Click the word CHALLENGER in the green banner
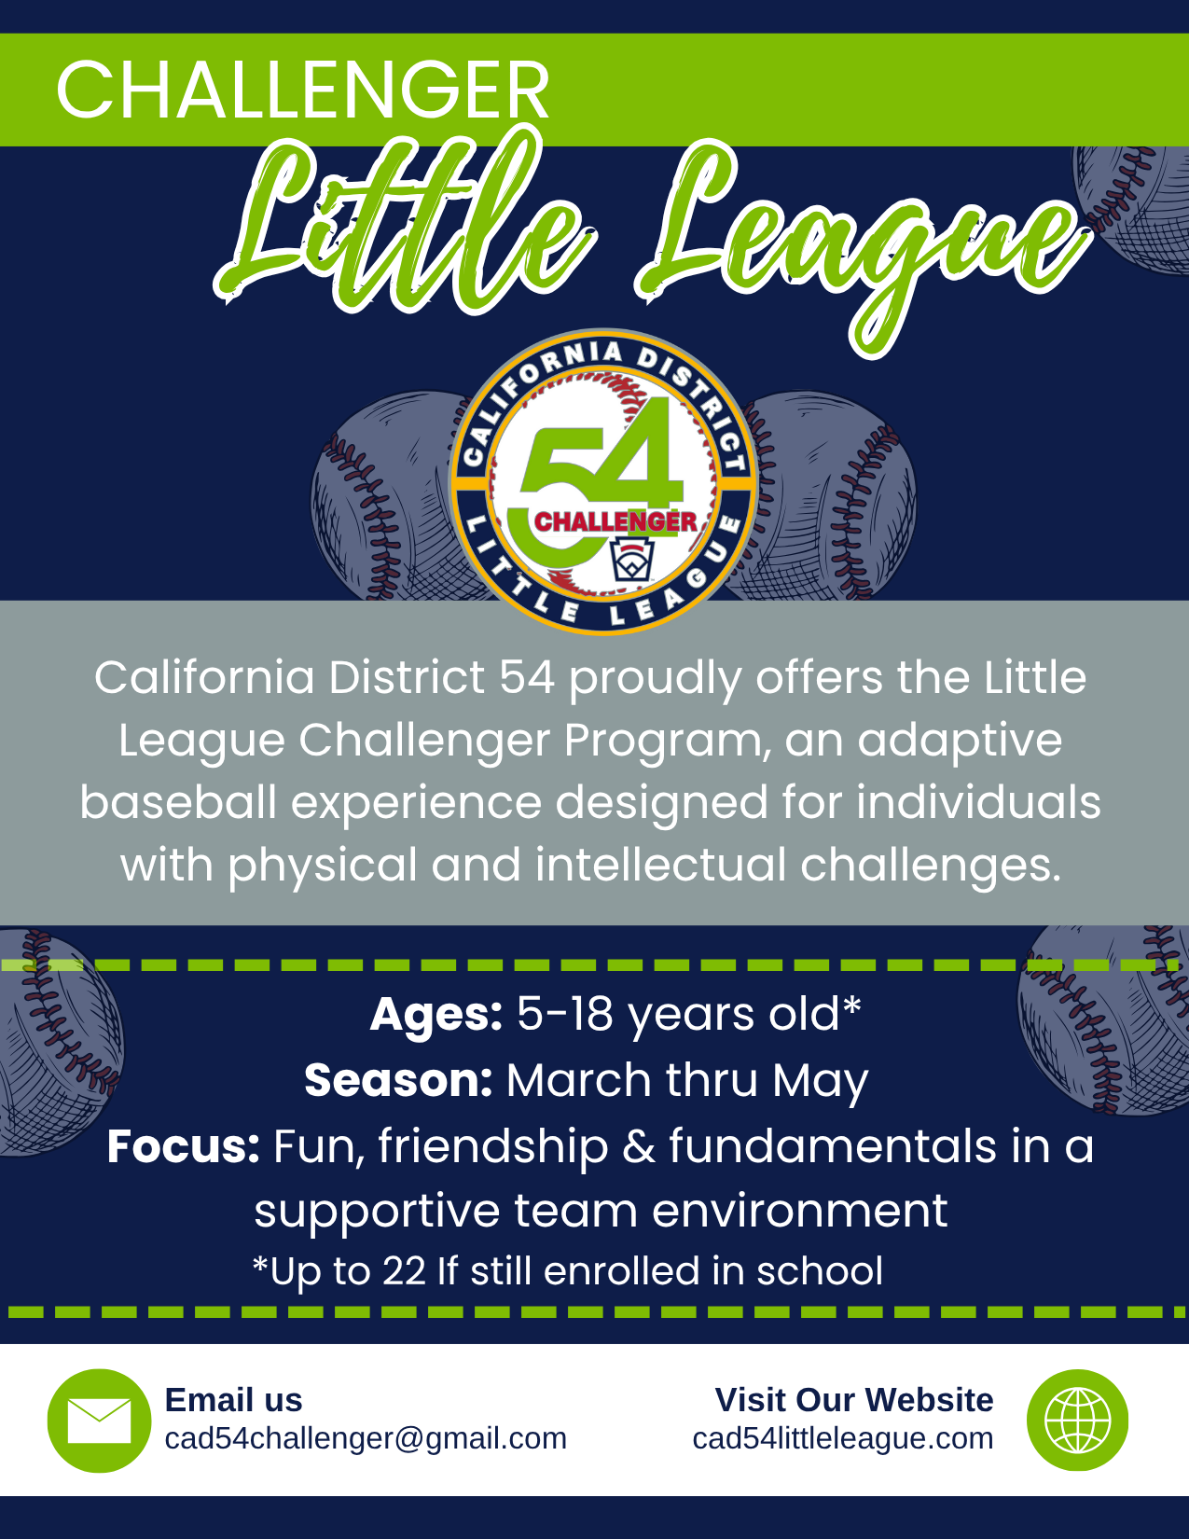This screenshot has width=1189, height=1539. tap(302, 90)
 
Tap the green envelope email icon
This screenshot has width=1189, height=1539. tap(99, 1421)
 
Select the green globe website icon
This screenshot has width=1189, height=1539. tap(1077, 1420)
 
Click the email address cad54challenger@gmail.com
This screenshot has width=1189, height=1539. tap(366, 1438)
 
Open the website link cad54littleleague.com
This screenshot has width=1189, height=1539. tap(843, 1438)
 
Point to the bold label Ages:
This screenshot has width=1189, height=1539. tap(436, 1014)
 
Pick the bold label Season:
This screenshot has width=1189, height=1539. tap(398, 1079)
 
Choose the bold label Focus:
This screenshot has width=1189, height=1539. tap(184, 1145)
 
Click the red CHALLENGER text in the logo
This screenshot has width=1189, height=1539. tap(615, 522)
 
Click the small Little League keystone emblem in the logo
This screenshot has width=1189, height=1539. tap(632, 560)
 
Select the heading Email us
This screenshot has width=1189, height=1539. tap(233, 1399)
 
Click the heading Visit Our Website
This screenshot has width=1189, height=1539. tap(854, 1399)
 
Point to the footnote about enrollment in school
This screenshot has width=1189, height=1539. tap(568, 1270)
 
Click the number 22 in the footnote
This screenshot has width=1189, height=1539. tap(405, 1270)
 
